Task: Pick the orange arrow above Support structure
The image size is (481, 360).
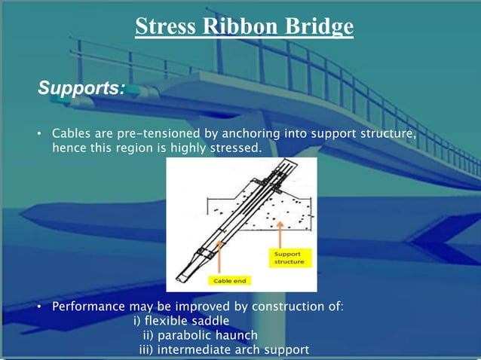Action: click(x=280, y=233)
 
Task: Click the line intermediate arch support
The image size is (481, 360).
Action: click(x=224, y=349)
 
